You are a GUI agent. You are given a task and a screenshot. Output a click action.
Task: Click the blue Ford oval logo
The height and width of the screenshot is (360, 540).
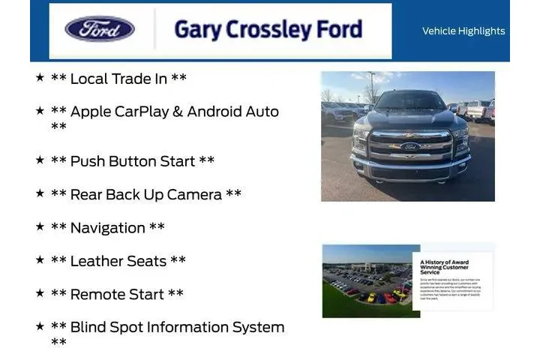click(x=100, y=29)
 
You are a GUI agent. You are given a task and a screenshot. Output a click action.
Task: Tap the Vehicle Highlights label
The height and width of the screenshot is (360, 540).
click(x=463, y=31)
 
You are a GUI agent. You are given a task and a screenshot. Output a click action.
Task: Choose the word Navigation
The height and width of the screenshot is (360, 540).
click(x=107, y=228)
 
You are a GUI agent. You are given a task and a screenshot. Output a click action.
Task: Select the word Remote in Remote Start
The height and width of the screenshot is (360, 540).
click(x=97, y=294)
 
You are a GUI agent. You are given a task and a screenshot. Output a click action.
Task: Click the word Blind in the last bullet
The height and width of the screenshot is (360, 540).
click(x=88, y=327)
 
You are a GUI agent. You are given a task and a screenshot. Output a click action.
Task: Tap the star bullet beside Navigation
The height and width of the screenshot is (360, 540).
click(x=40, y=226)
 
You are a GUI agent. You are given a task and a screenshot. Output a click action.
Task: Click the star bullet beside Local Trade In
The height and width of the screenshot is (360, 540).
click(x=40, y=76)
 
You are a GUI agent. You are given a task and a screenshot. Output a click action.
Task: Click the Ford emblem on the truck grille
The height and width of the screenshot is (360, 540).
click(x=410, y=146)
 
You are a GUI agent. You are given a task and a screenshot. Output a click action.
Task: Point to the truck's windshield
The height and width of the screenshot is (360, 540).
click(x=409, y=101)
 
